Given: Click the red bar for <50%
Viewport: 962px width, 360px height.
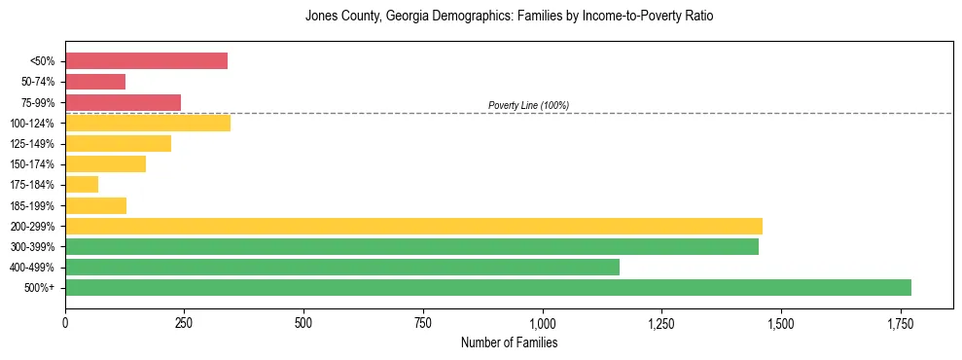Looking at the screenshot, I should click(146, 61).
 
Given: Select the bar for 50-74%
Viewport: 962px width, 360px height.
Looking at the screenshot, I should click(95, 82).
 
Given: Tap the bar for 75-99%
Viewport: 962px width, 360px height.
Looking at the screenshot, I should click(123, 102).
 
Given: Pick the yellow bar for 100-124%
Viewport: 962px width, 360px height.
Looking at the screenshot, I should click(148, 123).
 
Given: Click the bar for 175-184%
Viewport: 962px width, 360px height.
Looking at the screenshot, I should click(82, 184).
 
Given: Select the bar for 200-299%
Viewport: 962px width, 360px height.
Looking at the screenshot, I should click(413, 226).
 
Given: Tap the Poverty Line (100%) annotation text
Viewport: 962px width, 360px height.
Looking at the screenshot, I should click(528, 105).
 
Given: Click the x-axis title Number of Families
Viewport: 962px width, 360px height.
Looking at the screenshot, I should click(509, 342).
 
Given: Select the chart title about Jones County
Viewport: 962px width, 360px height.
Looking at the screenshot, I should click(509, 17).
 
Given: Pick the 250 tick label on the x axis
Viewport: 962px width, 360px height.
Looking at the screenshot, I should click(185, 323).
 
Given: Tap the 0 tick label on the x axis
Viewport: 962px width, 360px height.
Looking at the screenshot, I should click(65, 323).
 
